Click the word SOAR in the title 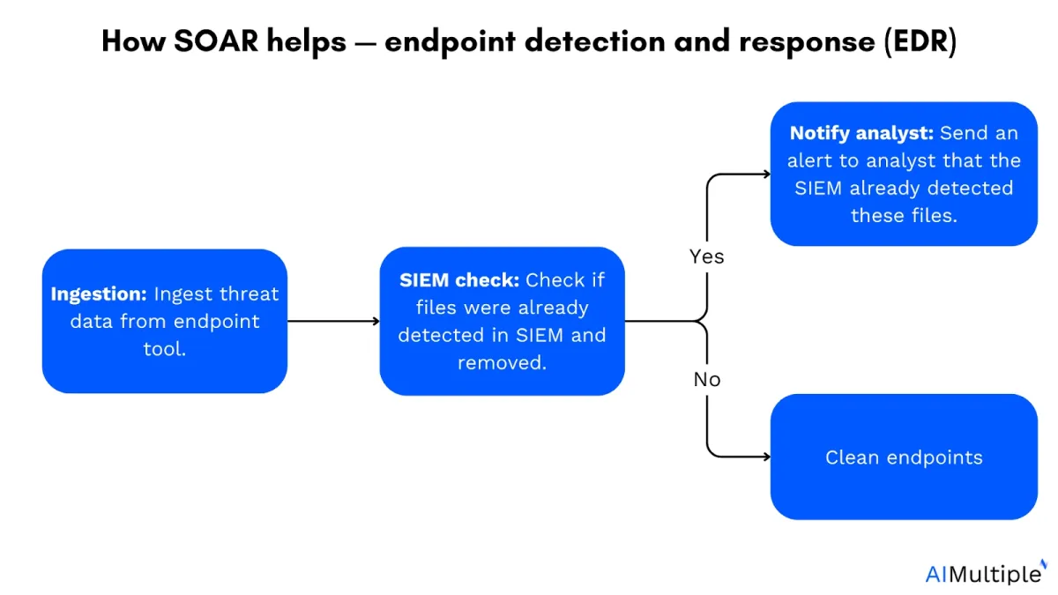[216, 41]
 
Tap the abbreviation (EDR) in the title [920, 41]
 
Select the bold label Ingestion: [99, 294]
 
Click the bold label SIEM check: [459, 280]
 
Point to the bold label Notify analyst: [861, 134]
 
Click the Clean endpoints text [904, 457]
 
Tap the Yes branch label [706, 257]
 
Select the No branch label [706, 379]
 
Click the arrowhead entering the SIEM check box [376, 321]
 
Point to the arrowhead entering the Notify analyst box [767, 175]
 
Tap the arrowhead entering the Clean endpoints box [767, 457]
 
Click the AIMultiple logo [986, 573]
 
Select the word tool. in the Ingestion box [164, 349]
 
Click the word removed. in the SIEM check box [502, 362]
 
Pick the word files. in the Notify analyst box [935, 215]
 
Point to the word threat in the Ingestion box [249, 294]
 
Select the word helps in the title [307, 42]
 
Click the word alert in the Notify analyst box [809, 160]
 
